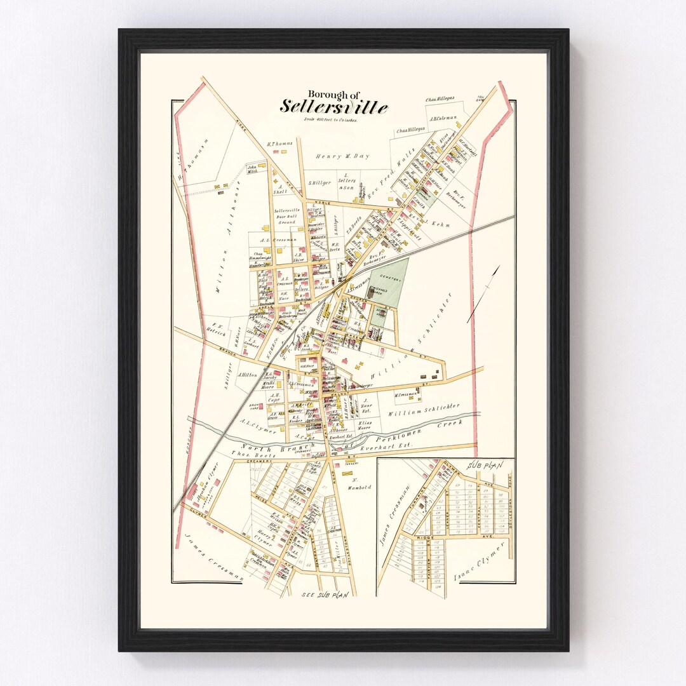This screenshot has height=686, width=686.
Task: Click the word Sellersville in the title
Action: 334,107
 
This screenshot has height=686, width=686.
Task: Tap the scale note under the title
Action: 330,119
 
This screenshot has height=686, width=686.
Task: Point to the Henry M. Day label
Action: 342,156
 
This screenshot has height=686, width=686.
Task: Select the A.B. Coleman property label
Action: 444,118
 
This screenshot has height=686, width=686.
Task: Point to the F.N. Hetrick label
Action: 215,326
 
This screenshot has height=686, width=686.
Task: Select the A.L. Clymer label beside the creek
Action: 253,427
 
